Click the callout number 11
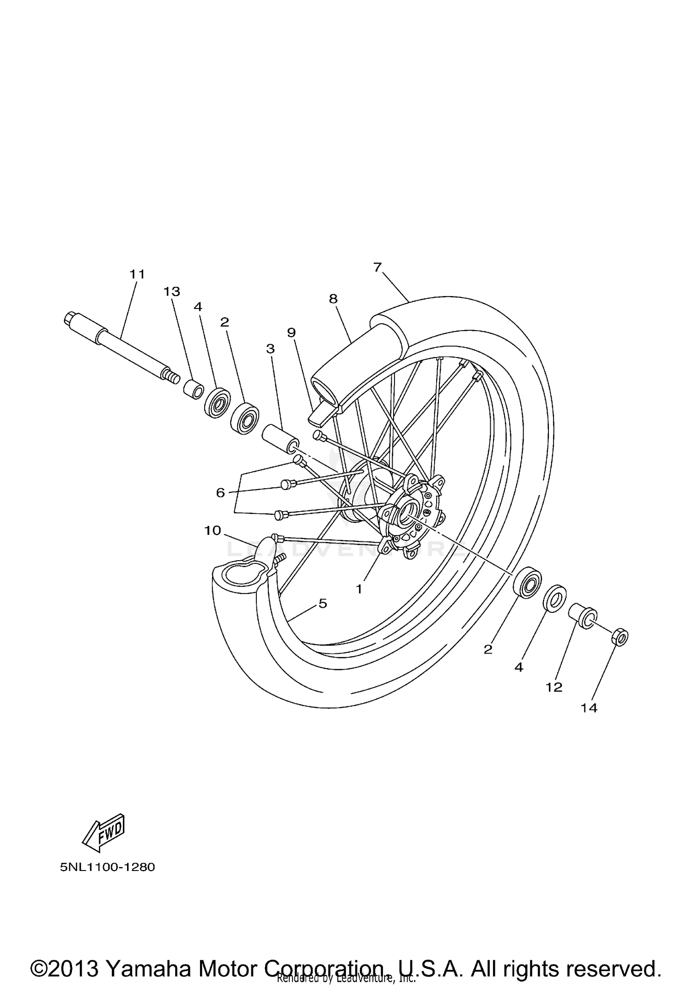(137, 274)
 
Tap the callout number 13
(171, 292)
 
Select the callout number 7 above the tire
(377, 267)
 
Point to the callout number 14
(589, 708)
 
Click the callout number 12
(554, 688)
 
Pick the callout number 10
(213, 531)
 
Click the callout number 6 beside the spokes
(220, 493)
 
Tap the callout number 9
(291, 333)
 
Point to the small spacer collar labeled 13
(193, 389)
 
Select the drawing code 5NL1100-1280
(107, 867)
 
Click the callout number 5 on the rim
(322, 604)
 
